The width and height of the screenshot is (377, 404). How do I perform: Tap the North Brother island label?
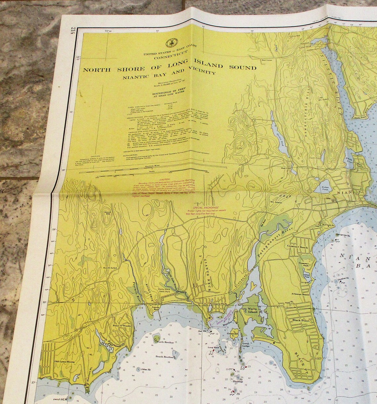point(166,342)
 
